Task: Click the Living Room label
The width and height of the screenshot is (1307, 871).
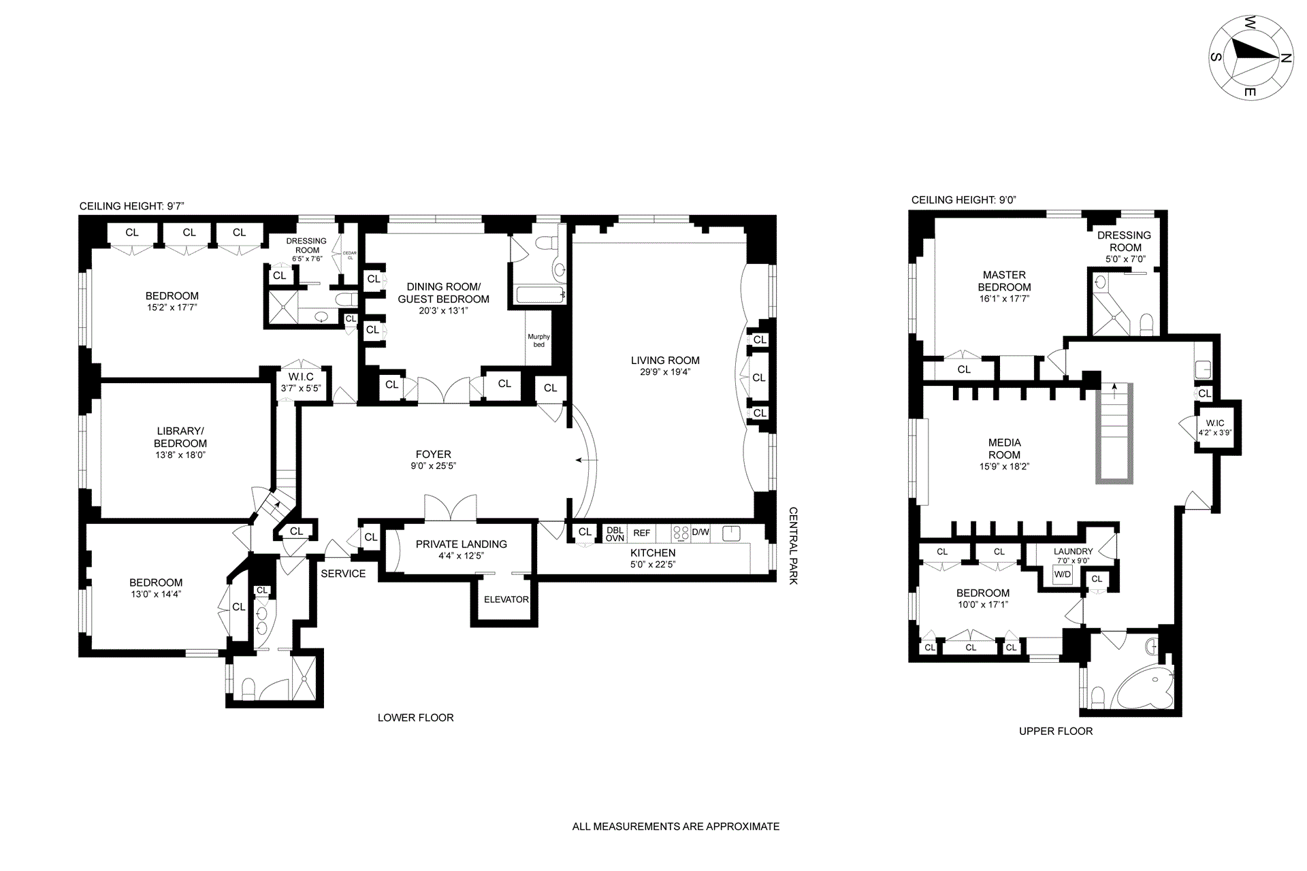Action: coord(665,361)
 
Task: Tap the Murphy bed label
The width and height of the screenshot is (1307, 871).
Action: coord(539,340)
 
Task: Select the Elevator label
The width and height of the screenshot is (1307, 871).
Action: coord(506,599)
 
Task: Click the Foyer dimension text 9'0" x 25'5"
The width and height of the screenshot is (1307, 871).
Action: coord(433,466)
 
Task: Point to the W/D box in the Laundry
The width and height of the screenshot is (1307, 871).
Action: coord(1062,575)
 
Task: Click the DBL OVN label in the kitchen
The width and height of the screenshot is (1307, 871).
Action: coord(615,534)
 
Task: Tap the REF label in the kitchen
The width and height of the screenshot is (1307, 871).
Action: coord(642,533)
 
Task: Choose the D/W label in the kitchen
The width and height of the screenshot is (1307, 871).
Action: coord(700,532)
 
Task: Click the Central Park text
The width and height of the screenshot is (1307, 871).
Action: coord(793,546)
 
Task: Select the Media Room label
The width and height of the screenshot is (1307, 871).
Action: coord(1004,449)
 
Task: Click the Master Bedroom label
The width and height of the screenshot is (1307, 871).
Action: coord(1004,281)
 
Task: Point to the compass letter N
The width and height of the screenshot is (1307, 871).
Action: coord(1286,59)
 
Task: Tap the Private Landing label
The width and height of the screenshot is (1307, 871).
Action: coord(462,544)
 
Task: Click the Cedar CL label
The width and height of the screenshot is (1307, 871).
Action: coord(350,256)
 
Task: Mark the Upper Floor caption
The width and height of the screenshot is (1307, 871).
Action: coord(1056,732)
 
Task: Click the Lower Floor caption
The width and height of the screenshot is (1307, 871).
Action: coord(416,718)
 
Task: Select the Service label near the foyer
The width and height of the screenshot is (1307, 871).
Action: coord(343,574)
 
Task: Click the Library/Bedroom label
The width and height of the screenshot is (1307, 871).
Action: coord(180,438)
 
